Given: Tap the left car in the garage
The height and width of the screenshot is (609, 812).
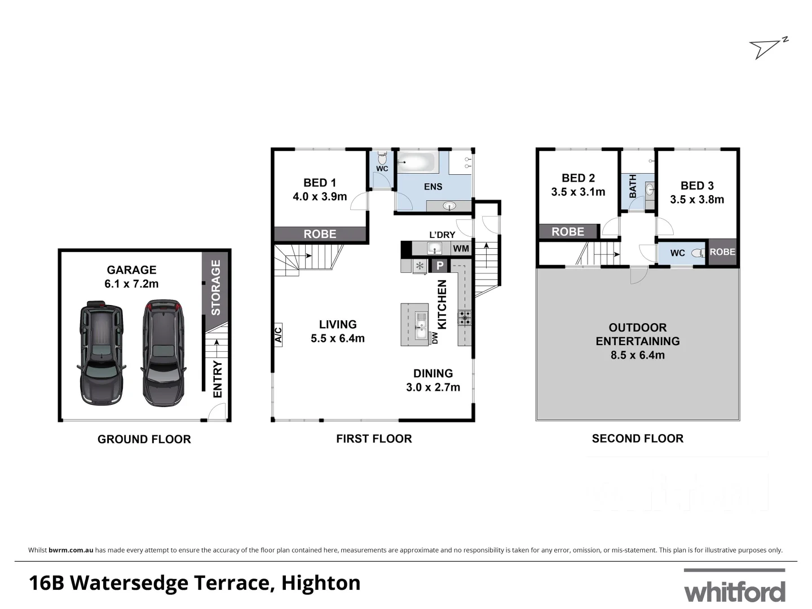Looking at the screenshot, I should click(x=100, y=354).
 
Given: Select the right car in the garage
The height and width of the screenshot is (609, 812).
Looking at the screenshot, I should click(x=163, y=354).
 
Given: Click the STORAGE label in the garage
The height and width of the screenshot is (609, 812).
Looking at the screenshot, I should click(x=215, y=288).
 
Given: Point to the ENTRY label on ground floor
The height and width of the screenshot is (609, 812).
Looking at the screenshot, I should click(x=218, y=379).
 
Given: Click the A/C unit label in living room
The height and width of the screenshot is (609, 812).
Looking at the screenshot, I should click(x=278, y=335).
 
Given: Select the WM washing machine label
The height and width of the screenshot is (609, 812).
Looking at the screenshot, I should click(x=461, y=249).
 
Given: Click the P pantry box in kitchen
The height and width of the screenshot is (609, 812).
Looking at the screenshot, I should click(x=440, y=266).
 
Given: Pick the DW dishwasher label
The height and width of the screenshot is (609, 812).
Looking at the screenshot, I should click(x=435, y=338).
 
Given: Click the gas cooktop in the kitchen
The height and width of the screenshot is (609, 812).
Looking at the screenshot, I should click(x=465, y=318).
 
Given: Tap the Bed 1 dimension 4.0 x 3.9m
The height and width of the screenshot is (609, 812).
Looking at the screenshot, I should click(x=320, y=197).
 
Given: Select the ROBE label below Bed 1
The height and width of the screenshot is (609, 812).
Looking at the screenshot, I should click(x=320, y=234).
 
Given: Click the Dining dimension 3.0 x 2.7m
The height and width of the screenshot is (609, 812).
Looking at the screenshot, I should click(x=433, y=387).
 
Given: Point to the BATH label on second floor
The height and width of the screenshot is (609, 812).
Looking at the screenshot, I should click(x=633, y=186).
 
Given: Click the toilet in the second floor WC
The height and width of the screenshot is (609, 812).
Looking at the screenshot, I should click(x=699, y=253).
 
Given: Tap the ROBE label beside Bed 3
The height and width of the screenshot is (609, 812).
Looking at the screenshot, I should click(x=722, y=252).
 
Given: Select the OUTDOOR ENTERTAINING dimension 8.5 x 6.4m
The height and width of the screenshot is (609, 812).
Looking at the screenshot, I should click(x=637, y=355).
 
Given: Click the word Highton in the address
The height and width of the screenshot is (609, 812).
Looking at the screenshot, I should click(x=321, y=582).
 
